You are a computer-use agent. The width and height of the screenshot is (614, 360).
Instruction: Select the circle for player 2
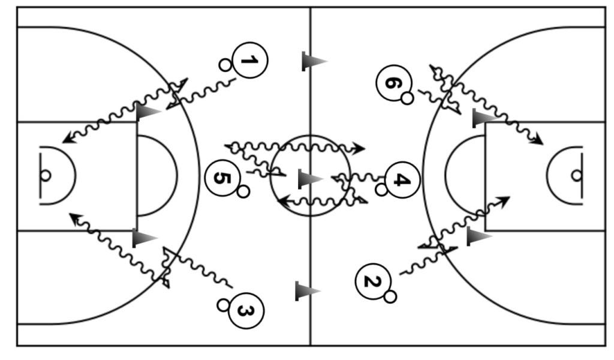click(373, 280)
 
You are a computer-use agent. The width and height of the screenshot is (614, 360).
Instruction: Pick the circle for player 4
click(402, 179)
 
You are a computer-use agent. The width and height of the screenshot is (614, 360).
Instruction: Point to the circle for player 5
click(222, 178)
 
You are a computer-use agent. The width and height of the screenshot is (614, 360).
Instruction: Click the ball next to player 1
click(225, 65)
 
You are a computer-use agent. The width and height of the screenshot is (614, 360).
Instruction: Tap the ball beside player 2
click(390, 296)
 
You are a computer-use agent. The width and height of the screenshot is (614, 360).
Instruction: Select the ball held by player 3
click(223, 305)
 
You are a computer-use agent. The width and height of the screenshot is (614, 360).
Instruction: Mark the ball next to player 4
click(381, 190)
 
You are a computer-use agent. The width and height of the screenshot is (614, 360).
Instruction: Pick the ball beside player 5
click(243, 191)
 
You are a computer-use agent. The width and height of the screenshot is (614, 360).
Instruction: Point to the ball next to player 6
click(407, 98)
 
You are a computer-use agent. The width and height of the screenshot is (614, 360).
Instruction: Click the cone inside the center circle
click(309, 179)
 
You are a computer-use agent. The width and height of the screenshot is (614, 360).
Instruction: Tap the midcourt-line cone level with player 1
click(313, 61)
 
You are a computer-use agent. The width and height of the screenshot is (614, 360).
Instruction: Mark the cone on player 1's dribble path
click(148, 112)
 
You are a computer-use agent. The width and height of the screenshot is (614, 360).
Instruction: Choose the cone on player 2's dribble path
click(478, 236)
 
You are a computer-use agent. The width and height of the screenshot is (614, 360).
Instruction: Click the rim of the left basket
click(45, 175)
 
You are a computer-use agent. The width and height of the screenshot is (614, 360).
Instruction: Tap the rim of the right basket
click(576, 175)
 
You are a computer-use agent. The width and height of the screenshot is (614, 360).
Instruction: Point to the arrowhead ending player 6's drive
click(538, 142)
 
